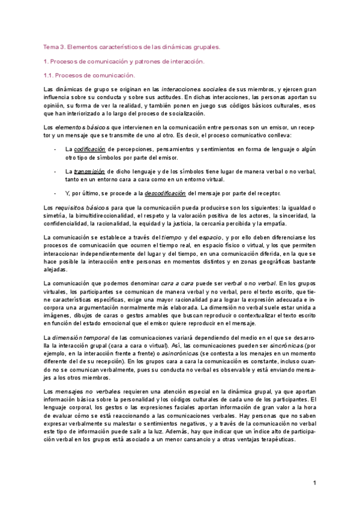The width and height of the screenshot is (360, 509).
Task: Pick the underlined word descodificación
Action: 161,193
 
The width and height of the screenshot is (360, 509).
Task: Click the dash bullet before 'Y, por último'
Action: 55,193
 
